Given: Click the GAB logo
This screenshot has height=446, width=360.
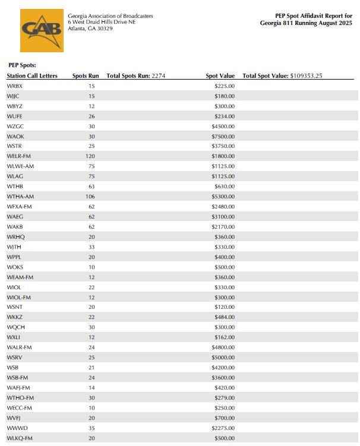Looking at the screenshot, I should point(42,30).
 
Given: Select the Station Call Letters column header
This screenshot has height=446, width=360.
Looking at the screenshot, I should point(32,76).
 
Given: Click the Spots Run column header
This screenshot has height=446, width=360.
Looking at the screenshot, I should point(86,76).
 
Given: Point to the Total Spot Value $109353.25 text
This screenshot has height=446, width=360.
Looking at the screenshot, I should point(282,76).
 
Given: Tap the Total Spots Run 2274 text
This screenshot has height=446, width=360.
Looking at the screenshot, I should point(136,76).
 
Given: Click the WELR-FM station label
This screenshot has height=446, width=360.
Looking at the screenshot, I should point(19,156).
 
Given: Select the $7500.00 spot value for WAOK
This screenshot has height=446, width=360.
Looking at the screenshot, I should point(223,136).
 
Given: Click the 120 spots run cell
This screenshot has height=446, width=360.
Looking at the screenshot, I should point(91,156).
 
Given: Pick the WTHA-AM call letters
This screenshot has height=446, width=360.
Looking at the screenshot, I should point(20,197).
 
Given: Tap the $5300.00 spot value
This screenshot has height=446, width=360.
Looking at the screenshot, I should point(223,197).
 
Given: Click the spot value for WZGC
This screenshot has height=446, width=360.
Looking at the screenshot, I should point(223,126).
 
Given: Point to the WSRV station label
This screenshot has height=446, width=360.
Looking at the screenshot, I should point(15,358).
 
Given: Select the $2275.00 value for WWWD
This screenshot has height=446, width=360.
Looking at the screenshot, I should point(223,428).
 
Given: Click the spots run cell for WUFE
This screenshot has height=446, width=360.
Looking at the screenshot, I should point(91,116).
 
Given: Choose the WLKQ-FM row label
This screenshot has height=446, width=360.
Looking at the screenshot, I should point(19,438).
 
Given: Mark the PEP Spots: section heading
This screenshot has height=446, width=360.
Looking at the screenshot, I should point(23,64).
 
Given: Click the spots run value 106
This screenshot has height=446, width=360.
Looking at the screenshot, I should point(91,197).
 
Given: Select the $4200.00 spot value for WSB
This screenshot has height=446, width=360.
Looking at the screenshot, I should point(223,368).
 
